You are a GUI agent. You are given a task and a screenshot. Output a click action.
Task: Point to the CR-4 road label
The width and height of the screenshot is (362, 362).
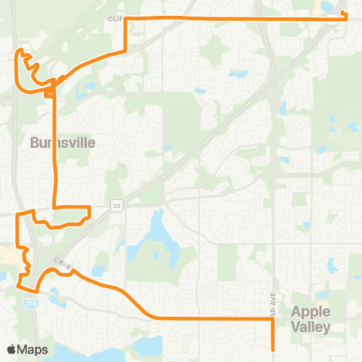click(x=61, y=262)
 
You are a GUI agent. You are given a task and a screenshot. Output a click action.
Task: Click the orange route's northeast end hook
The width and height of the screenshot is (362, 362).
click(x=345, y=14)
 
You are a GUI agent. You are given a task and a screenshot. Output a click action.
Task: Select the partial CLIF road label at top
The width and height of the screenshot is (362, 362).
click(x=115, y=17)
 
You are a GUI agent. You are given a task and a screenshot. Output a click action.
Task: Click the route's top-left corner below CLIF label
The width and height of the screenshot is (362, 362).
click(x=125, y=17)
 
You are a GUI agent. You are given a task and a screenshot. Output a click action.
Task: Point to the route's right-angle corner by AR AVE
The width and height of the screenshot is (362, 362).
click(x=271, y=319)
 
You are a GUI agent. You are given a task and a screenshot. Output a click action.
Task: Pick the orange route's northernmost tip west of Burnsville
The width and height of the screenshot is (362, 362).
click(x=22, y=51)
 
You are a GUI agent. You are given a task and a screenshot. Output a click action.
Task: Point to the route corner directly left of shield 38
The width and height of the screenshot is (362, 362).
click(x=89, y=207)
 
